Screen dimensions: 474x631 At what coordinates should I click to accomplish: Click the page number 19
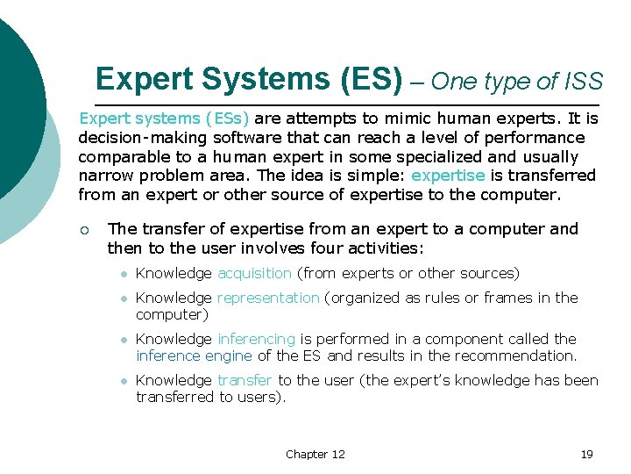coord(587,454)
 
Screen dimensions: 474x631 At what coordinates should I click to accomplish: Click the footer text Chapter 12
coord(315,454)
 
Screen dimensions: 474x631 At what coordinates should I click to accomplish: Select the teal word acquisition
coord(254,274)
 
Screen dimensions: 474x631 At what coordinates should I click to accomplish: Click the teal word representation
coord(267,298)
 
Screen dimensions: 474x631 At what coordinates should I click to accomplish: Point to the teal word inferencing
coord(256,339)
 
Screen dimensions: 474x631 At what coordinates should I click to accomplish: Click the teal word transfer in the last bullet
coord(245,380)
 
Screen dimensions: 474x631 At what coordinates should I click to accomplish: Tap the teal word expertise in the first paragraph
coord(448,176)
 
